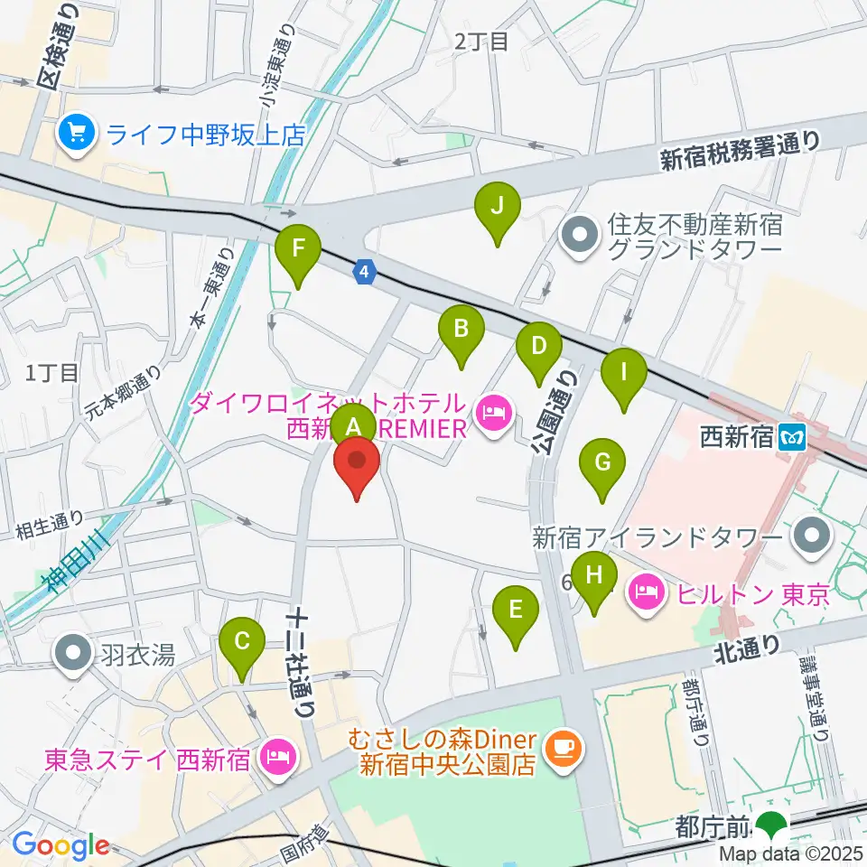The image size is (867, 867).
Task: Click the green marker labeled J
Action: coord(497,208)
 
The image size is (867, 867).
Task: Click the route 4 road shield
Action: coord(364,270)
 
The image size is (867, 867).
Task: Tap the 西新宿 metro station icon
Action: coord(793,438)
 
